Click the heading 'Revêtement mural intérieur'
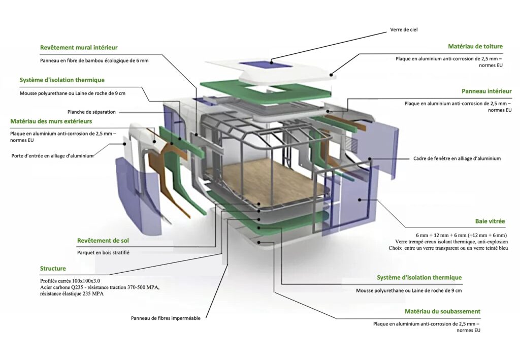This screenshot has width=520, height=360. coord(79,47)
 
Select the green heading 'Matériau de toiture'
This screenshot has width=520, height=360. coord(475,46)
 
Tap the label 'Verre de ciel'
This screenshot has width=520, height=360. coord(404,29)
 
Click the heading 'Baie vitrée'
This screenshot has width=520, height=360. coord(491,221)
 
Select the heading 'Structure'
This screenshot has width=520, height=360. coord(53,268)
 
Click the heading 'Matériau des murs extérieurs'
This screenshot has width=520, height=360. coord(51,121)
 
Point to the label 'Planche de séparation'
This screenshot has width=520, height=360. coord(91,112)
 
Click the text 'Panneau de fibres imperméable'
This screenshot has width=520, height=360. coord(166,318)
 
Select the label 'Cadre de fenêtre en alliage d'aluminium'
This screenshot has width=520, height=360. coord(457,158)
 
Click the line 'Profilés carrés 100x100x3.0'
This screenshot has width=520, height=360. coord(70,281)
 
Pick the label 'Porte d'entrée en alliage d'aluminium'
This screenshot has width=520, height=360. coord(52,156)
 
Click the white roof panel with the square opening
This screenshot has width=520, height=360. coord(315,74)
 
